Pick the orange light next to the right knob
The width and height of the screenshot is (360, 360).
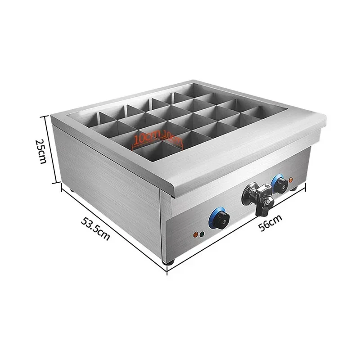click(292, 180)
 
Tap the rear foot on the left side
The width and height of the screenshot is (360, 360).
click(72, 190)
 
